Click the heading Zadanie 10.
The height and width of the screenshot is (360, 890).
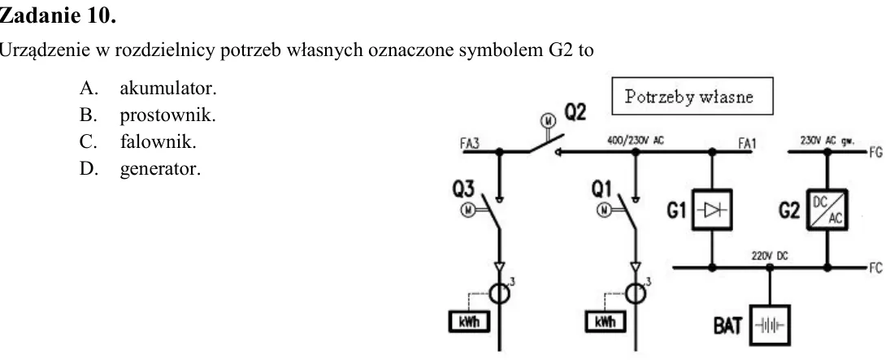point(58,16)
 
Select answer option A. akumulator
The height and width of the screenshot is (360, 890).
point(148,89)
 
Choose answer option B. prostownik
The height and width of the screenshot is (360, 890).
point(148,116)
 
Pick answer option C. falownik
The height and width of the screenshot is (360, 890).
point(138,142)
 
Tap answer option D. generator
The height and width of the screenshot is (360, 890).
point(140,169)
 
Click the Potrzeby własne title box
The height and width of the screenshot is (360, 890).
point(692,96)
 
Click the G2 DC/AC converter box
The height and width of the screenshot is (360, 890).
point(827,210)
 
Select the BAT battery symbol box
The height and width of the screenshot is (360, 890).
point(770,325)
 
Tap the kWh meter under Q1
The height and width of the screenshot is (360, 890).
point(605,322)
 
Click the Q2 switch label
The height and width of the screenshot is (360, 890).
point(575,113)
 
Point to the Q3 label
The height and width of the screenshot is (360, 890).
point(463,189)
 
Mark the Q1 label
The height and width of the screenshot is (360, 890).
point(601,189)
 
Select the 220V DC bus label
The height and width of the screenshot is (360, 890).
point(770,256)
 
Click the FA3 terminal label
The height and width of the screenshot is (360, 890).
point(470,144)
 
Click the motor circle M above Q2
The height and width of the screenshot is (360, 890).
point(548,120)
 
